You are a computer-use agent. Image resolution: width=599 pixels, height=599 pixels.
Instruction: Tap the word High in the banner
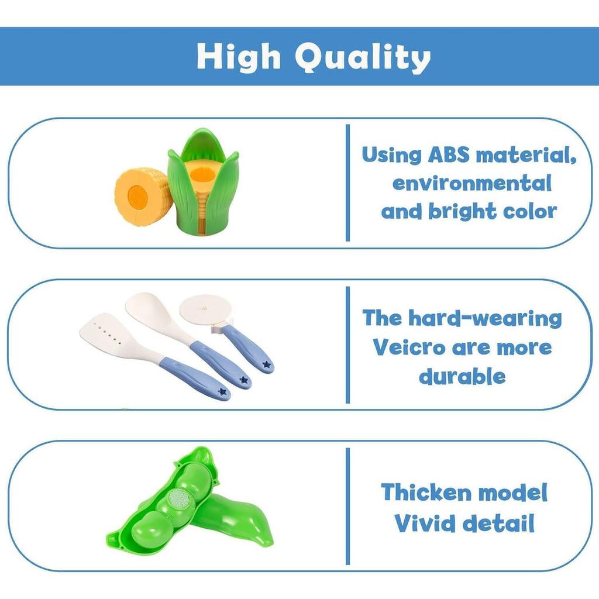239,56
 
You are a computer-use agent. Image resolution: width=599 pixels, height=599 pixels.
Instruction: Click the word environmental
472,183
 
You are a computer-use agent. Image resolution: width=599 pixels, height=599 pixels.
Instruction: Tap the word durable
462,376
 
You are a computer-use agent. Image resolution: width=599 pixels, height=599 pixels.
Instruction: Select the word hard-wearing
485,318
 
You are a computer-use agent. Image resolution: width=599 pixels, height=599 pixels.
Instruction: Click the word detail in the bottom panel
498,523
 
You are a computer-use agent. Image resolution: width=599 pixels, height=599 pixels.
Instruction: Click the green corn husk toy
203,182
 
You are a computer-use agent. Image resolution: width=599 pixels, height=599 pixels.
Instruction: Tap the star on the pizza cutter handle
267,365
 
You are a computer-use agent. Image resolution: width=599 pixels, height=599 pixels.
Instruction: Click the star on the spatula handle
222,391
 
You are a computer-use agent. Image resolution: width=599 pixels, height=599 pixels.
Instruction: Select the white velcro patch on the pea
178,498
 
